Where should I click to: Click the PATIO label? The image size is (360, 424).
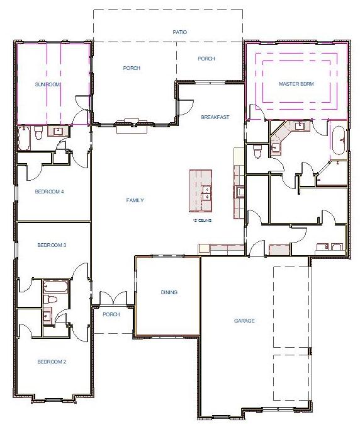point(180,32)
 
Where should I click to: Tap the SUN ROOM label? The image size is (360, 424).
point(48,84)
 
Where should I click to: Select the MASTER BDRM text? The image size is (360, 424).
point(296,84)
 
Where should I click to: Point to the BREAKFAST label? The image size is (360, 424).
point(215,118)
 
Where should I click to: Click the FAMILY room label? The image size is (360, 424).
point(135,200)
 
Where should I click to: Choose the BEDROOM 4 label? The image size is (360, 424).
point(50,192)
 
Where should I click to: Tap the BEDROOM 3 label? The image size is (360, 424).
point(52,245)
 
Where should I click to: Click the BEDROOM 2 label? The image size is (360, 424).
point(52,362)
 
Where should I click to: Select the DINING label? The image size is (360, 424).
point(169,292)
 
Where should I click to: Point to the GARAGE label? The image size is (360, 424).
point(244,321)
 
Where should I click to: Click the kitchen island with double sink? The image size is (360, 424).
point(200,193)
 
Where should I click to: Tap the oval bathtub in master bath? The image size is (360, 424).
point(338,141)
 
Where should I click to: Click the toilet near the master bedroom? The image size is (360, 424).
point(257,152)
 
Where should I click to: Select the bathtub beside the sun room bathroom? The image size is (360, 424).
point(23,136)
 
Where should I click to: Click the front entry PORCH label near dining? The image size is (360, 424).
point(111,314)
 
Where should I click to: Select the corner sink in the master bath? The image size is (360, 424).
point(283,133)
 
